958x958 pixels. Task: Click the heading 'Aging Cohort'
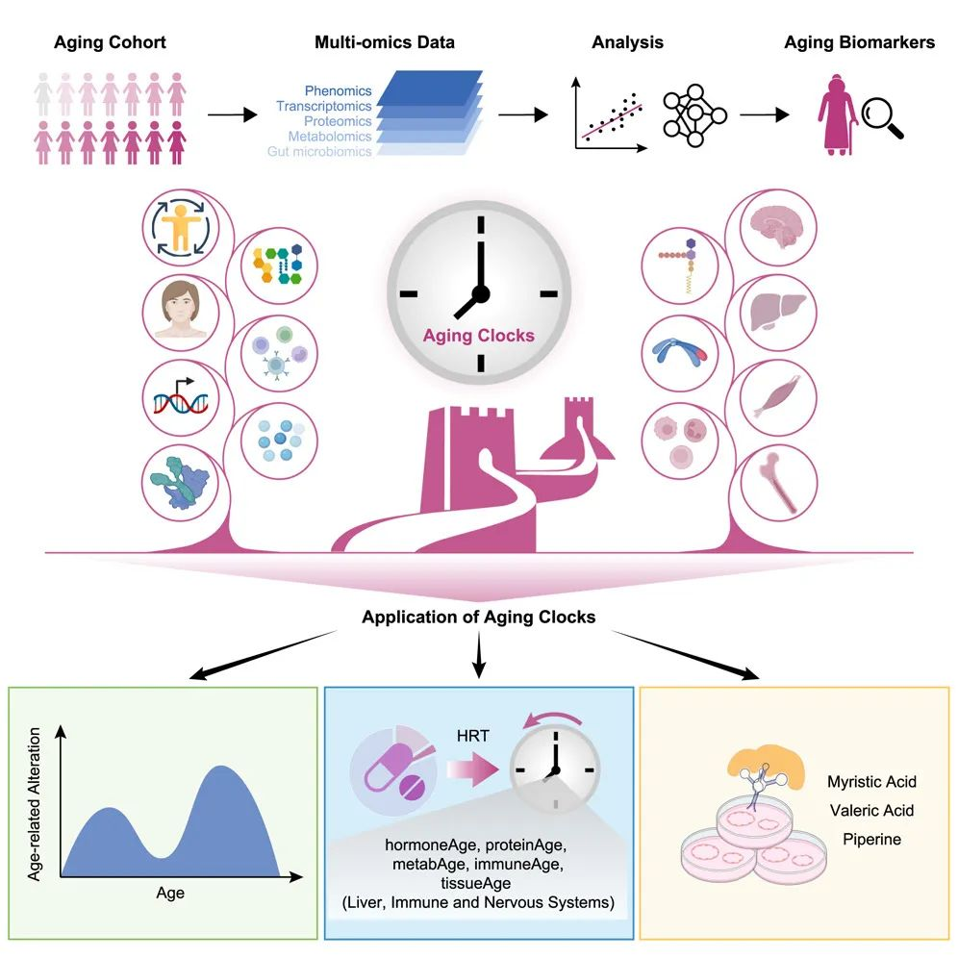110,42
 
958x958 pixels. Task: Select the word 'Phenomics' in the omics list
338,91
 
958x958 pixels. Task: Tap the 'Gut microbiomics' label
321,152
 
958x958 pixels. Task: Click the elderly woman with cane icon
833,113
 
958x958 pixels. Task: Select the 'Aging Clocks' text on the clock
479,337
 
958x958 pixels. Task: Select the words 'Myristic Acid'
871,781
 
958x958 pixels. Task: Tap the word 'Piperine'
871,839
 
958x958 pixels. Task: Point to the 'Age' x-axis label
170,894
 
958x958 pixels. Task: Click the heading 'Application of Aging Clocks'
478,617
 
